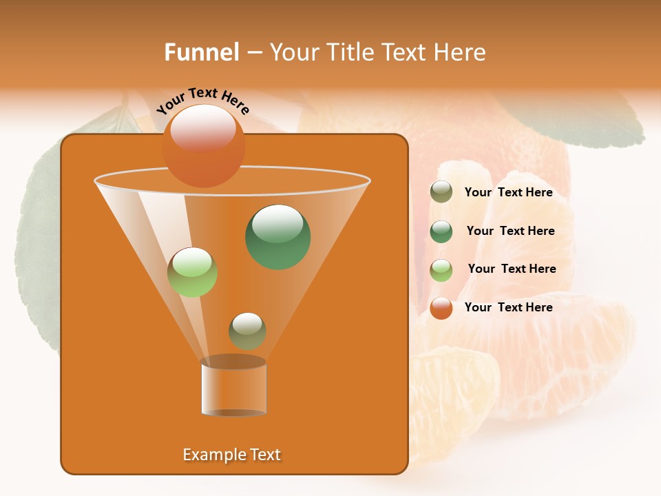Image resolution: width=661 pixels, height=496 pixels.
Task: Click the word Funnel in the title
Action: tap(201, 52)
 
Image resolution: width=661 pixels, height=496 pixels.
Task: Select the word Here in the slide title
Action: tap(461, 52)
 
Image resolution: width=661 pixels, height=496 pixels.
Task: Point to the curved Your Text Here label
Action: tap(202, 101)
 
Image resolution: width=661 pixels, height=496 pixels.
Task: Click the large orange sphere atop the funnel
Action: tap(204, 147)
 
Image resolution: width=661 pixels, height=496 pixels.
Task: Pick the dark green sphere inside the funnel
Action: tap(278, 237)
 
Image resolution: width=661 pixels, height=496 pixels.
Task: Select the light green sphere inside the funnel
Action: tap(192, 272)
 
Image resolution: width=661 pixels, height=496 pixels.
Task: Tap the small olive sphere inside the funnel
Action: tap(247, 331)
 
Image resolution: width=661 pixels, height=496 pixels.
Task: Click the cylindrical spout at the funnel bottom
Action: tap(233, 387)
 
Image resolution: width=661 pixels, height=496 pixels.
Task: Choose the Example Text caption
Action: tap(231, 455)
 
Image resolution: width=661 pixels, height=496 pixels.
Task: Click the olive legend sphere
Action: tap(441, 192)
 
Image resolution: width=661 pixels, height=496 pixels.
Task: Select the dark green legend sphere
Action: tap(441, 231)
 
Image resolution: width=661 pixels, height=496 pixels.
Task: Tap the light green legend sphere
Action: tap(441, 269)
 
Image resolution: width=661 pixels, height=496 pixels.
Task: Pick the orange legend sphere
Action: tap(441, 307)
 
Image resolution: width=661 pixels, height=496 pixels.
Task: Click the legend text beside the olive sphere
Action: tap(508, 192)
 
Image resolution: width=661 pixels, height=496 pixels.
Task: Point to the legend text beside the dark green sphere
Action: tap(510, 231)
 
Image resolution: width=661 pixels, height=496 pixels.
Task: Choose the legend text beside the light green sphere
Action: tap(512, 269)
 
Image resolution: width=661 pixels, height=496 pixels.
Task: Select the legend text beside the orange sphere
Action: tap(508, 307)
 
